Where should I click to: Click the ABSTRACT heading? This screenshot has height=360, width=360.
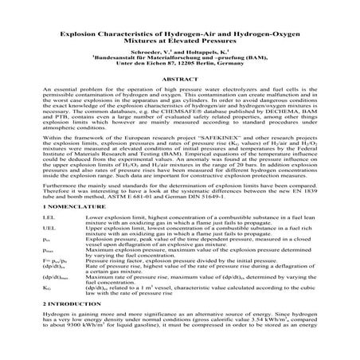pyautogui.click(x=179, y=80)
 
